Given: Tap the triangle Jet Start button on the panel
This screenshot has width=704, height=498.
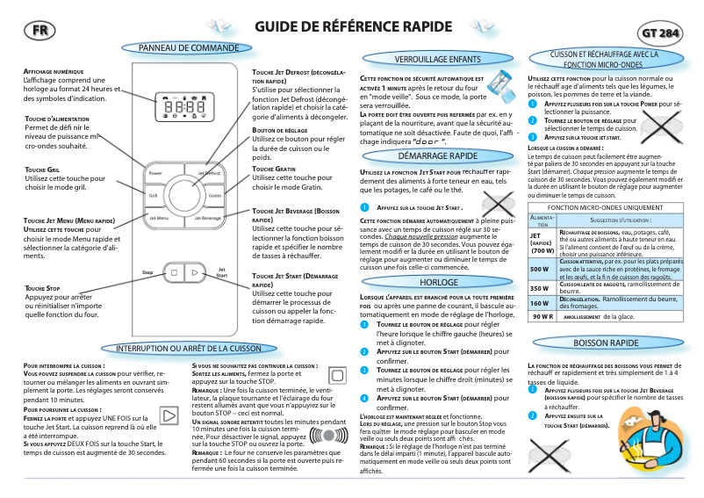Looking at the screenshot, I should click(x=197, y=274).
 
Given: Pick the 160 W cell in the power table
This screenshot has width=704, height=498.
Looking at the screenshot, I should click(x=539, y=302).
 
